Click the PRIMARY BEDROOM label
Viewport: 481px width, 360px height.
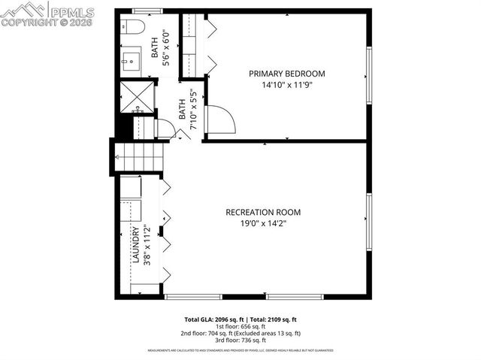click(x=287, y=73)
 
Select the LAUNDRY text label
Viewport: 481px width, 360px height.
click(x=136, y=247)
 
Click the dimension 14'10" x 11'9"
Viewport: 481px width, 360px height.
click(x=287, y=85)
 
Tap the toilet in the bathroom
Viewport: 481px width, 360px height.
click(x=135, y=28)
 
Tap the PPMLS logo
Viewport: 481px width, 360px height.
click(x=48, y=13)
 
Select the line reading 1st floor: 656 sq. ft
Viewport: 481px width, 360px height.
click(x=241, y=326)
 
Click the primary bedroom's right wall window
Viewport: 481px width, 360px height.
click(x=369, y=75)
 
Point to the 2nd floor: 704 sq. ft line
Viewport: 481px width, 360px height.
click(x=241, y=333)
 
